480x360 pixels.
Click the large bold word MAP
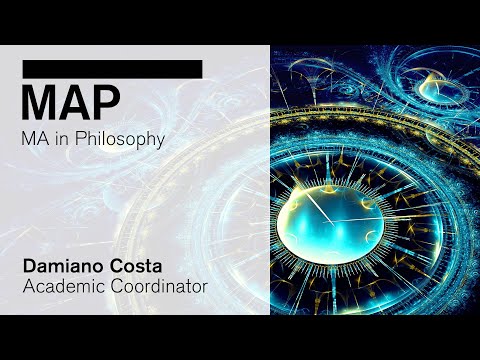(71, 102)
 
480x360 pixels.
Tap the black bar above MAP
(112, 68)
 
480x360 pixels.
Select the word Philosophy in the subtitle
(124, 140)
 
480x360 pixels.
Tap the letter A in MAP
(76, 102)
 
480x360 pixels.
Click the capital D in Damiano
(28, 266)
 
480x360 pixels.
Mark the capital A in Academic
(27, 286)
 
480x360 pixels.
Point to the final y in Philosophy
(159, 142)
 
